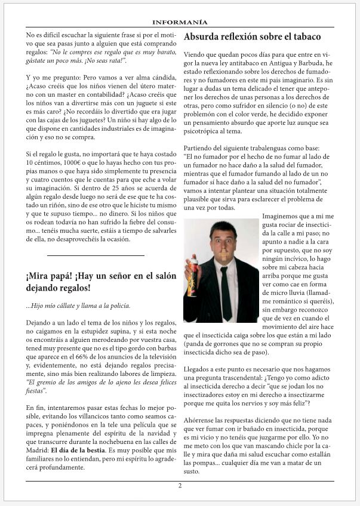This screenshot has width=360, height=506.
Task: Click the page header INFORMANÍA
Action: [180, 22]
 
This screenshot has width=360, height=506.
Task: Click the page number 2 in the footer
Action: [180, 485]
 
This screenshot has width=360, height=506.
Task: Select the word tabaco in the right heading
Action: [304, 37]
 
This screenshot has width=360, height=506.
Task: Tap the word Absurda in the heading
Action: [201, 37]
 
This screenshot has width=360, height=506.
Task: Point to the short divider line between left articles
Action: [96, 256]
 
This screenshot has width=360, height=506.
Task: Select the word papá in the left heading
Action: [67, 276]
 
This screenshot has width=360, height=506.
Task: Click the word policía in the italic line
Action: [117, 306]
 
